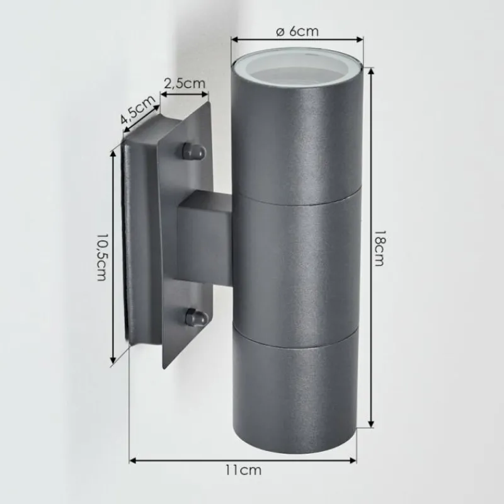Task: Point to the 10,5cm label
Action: pyautogui.click(x=101, y=257)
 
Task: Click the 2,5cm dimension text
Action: pyautogui.click(x=184, y=82)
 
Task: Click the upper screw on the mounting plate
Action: pyautogui.click(x=192, y=151)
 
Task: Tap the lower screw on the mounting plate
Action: pyautogui.click(x=194, y=316)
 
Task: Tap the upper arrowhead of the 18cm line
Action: pyautogui.click(x=371, y=68)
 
